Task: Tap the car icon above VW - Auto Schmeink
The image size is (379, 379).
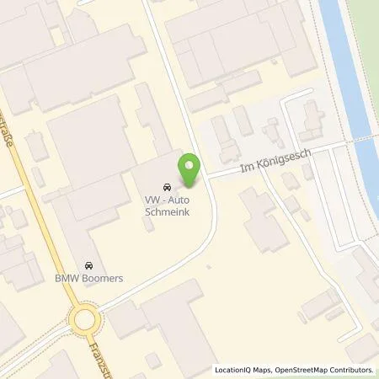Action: pyautogui.click(x=165, y=187)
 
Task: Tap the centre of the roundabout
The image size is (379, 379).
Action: pyautogui.click(x=83, y=319)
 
